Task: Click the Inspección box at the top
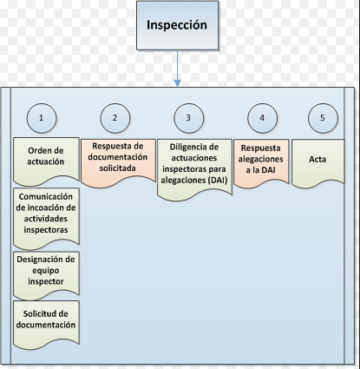point(178,25)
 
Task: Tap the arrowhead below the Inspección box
point(178,82)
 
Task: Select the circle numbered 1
point(42,118)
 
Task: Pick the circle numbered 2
point(115,118)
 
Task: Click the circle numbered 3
point(189,118)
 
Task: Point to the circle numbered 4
point(263,118)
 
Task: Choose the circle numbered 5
point(323,118)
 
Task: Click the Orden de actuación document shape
point(46,161)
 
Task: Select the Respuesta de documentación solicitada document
point(118,163)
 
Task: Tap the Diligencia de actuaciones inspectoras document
point(194,169)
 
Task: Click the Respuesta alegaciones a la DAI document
point(261,163)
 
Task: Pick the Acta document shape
point(318,163)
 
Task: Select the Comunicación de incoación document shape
point(46,219)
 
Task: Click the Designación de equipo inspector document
point(46,275)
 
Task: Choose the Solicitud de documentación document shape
point(46,325)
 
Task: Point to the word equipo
point(46,271)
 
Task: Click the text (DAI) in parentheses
point(218,180)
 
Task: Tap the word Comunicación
point(46,196)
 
